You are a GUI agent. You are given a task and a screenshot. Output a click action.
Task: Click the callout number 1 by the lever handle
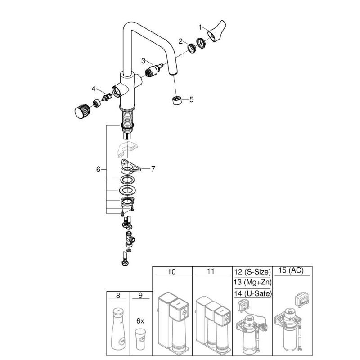pos(200,27)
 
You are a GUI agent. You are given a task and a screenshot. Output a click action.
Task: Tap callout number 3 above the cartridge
pos(144,61)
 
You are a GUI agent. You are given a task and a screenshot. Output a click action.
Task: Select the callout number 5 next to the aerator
pos(192,99)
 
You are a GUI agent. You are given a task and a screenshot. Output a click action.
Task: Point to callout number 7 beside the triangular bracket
pos(153,169)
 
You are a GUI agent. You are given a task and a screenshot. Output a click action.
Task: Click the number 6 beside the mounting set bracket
pos(98,170)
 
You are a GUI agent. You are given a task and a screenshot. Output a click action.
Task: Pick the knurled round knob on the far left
pos(83,111)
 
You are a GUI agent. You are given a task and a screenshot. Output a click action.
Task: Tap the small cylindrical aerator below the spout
pos(177,100)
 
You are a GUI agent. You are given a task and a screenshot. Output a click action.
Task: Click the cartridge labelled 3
pos(154,70)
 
